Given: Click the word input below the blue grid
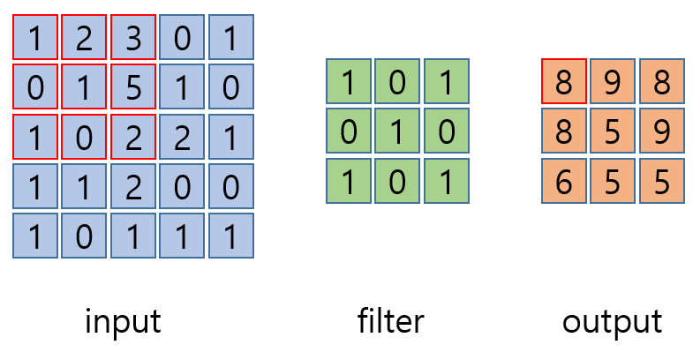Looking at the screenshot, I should (x=123, y=321).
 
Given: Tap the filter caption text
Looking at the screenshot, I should (x=392, y=321).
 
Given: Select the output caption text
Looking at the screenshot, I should (x=612, y=321).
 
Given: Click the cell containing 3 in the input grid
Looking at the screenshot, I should (x=133, y=38).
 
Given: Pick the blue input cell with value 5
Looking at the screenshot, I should (x=133, y=87).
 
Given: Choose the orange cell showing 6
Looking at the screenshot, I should (x=564, y=181).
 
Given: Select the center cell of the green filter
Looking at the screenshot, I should (x=397, y=131).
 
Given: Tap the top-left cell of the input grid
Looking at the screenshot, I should (x=35, y=38).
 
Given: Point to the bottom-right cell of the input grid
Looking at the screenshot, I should (x=231, y=236).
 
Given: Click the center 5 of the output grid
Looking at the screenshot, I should (x=613, y=131).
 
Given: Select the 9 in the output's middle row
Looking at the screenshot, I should (x=661, y=131).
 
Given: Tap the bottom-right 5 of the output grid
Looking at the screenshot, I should (x=661, y=181).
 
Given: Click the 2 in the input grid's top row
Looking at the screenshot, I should (x=85, y=38).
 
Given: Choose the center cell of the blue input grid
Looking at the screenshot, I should (x=133, y=137).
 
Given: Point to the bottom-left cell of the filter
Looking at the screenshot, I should (x=349, y=181).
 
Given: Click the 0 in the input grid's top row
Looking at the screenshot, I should (x=182, y=38).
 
